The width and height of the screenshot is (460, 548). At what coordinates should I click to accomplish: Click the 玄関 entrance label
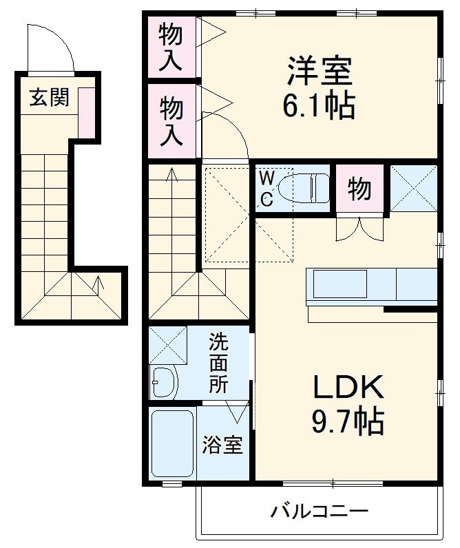pyautogui.click(x=50, y=98)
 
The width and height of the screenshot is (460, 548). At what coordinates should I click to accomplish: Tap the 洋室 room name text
pyautogui.click(x=320, y=71)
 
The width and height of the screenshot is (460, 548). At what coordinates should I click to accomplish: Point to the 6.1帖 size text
pyautogui.click(x=319, y=105)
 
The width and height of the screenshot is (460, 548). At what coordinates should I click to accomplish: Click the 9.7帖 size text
pyautogui.click(x=348, y=421)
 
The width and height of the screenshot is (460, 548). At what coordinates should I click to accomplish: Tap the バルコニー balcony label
pyautogui.click(x=319, y=512)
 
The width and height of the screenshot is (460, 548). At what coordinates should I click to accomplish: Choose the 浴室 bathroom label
pyautogui.click(x=222, y=445)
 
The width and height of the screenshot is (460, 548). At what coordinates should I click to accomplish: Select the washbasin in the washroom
pyautogui.click(x=164, y=382)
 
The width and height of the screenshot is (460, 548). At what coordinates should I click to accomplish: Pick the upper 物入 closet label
pyautogui.click(x=171, y=46)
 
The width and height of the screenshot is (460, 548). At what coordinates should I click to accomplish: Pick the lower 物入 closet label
pyautogui.click(x=171, y=121)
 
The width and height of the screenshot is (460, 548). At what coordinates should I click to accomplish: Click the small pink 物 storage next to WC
pyautogui.click(x=359, y=189)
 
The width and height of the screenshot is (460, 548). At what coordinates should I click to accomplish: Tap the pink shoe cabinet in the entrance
pyautogui.click(x=87, y=112)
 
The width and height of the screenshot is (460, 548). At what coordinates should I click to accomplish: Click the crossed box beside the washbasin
pyautogui.click(x=168, y=345)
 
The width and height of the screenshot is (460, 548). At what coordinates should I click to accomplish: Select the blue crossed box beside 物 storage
pyautogui.click(x=413, y=188)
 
